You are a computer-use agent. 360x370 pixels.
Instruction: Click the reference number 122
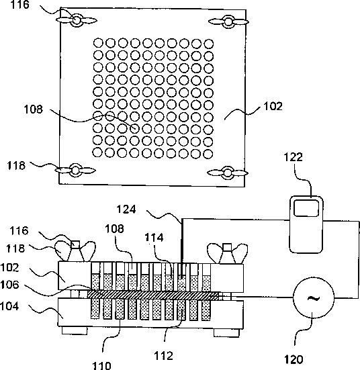pos(293,157)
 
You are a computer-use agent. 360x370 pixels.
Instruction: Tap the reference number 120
pos(294,359)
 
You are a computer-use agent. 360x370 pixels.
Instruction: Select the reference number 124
pos(126,210)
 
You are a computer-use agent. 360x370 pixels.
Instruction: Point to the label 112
pos(163,356)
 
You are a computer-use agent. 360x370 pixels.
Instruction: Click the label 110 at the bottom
pos(101,365)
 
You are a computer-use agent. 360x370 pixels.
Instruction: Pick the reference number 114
pos(154,238)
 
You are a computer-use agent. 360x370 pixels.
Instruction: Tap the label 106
pos(9,285)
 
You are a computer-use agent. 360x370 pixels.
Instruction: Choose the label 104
pos(9,306)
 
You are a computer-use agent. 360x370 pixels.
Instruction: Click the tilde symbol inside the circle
pos(314,299)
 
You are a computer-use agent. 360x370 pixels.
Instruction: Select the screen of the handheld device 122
pos(306,208)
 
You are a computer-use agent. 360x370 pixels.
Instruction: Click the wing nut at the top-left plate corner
pos(77,20)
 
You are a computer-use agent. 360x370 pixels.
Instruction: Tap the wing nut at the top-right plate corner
pos(228,21)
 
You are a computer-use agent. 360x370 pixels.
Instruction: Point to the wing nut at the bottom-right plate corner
pos(228,173)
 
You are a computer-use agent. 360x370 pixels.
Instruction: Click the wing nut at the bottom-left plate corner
pos(75,170)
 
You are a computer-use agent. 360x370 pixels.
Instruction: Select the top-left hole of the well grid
pos(98,43)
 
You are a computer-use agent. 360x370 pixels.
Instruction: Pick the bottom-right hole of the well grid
pos(208,154)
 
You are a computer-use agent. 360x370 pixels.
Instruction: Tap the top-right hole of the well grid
pos(209,44)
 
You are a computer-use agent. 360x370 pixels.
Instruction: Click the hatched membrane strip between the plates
pos(153,295)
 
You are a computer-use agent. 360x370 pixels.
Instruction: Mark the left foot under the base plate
pos(75,330)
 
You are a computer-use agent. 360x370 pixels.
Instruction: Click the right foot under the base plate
pos(226,333)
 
